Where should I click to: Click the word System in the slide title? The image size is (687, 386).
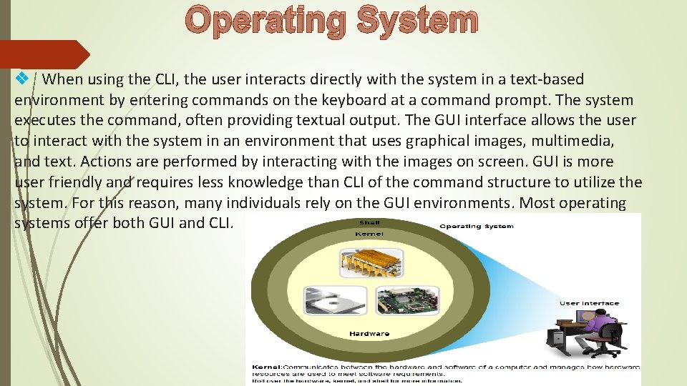click(x=418, y=21)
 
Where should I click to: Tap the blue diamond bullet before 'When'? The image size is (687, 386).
click(x=22, y=78)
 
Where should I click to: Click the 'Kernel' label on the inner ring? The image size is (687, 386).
click(x=369, y=234)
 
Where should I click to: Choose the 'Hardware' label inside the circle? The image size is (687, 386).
click(x=369, y=334)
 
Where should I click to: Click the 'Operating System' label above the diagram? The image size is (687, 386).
click(x=476, y=227)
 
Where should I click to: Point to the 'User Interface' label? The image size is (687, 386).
click(x=589, y=303)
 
